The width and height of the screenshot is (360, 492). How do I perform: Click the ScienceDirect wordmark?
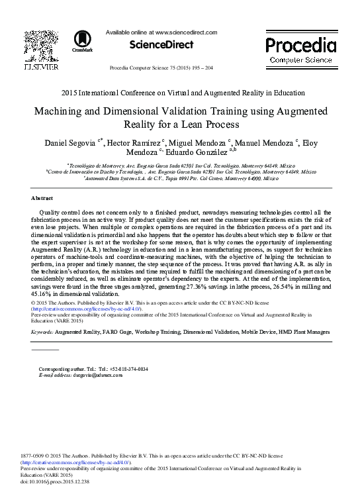click(x=162, y=44)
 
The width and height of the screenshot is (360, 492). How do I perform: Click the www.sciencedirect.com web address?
click(x=185, y=32)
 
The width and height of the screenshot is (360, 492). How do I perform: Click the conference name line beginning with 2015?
click(x=183, y=93)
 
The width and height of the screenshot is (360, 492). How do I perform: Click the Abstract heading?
click(x=42, y=198)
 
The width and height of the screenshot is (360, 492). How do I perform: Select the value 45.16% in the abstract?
click(x=43, y=293)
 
